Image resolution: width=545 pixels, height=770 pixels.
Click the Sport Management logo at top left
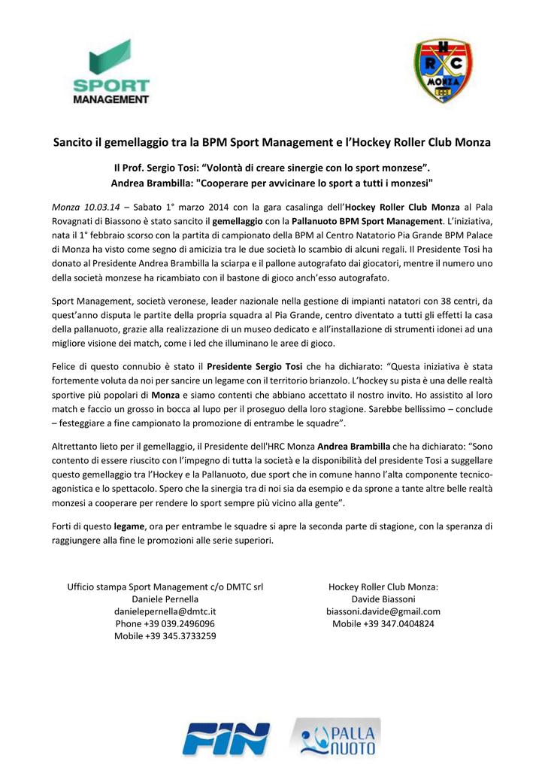[119, 71]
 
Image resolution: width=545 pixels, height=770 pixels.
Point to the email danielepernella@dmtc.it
[165, 611]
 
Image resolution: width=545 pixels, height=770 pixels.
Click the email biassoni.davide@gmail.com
[383, 611]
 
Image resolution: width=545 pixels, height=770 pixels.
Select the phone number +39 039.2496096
[165, 624]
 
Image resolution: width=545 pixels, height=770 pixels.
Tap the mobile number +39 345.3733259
[165, 636]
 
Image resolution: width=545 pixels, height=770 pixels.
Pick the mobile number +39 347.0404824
[383, 624]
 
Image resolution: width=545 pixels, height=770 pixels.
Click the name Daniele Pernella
[165, 599]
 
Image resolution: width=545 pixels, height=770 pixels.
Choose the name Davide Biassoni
[383, 599]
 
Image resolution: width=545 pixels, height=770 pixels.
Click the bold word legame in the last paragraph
[129, 526]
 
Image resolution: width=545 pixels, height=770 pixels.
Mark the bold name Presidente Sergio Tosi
[254, 366]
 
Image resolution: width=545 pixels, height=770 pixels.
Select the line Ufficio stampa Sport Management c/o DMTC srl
[165, 587]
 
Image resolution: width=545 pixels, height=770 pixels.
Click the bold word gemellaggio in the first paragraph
[238, 221]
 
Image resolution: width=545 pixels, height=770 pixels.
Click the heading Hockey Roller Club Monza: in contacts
[383, 587]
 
